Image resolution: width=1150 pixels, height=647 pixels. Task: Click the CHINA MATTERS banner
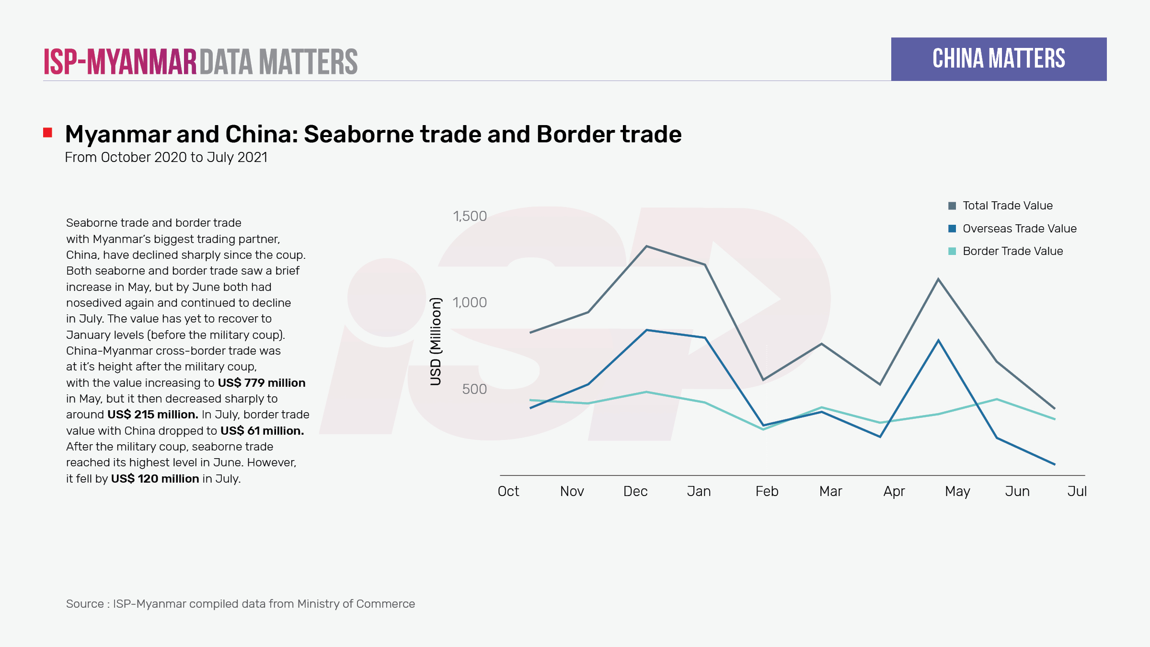point(999,59)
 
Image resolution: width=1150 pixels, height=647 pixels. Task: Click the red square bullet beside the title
point(47,132)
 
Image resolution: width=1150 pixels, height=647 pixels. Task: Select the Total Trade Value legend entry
point(1007,206)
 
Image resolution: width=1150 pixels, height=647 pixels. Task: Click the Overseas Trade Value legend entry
point(1019,229)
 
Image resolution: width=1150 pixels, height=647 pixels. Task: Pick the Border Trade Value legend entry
point(1012,251)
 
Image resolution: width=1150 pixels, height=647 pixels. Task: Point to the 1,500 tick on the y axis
point(470,216)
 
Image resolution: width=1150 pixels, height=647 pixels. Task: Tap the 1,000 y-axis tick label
point(470,302)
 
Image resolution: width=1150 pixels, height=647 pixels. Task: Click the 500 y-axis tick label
point(474,389)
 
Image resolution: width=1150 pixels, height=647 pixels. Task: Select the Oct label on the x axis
point(508,491)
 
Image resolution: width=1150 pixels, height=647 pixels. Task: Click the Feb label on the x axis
point(767,491)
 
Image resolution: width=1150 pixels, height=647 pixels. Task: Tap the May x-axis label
point(957,491)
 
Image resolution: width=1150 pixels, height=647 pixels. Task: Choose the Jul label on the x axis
point(1077,491)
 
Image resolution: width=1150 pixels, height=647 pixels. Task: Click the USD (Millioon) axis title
point(436,342)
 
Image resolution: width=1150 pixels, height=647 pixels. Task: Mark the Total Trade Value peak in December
point(646,246)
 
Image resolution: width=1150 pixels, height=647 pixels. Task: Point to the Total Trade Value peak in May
point(938,279)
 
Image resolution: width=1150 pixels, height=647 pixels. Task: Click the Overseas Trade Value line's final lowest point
point(1055,464)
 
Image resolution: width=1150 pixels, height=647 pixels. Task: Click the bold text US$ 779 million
point(262,383)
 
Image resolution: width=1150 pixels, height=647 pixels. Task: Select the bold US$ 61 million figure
point(262,431)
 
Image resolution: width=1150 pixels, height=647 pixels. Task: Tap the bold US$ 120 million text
point(155,479)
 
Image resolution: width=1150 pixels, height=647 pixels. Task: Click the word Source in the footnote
point(85,604)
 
